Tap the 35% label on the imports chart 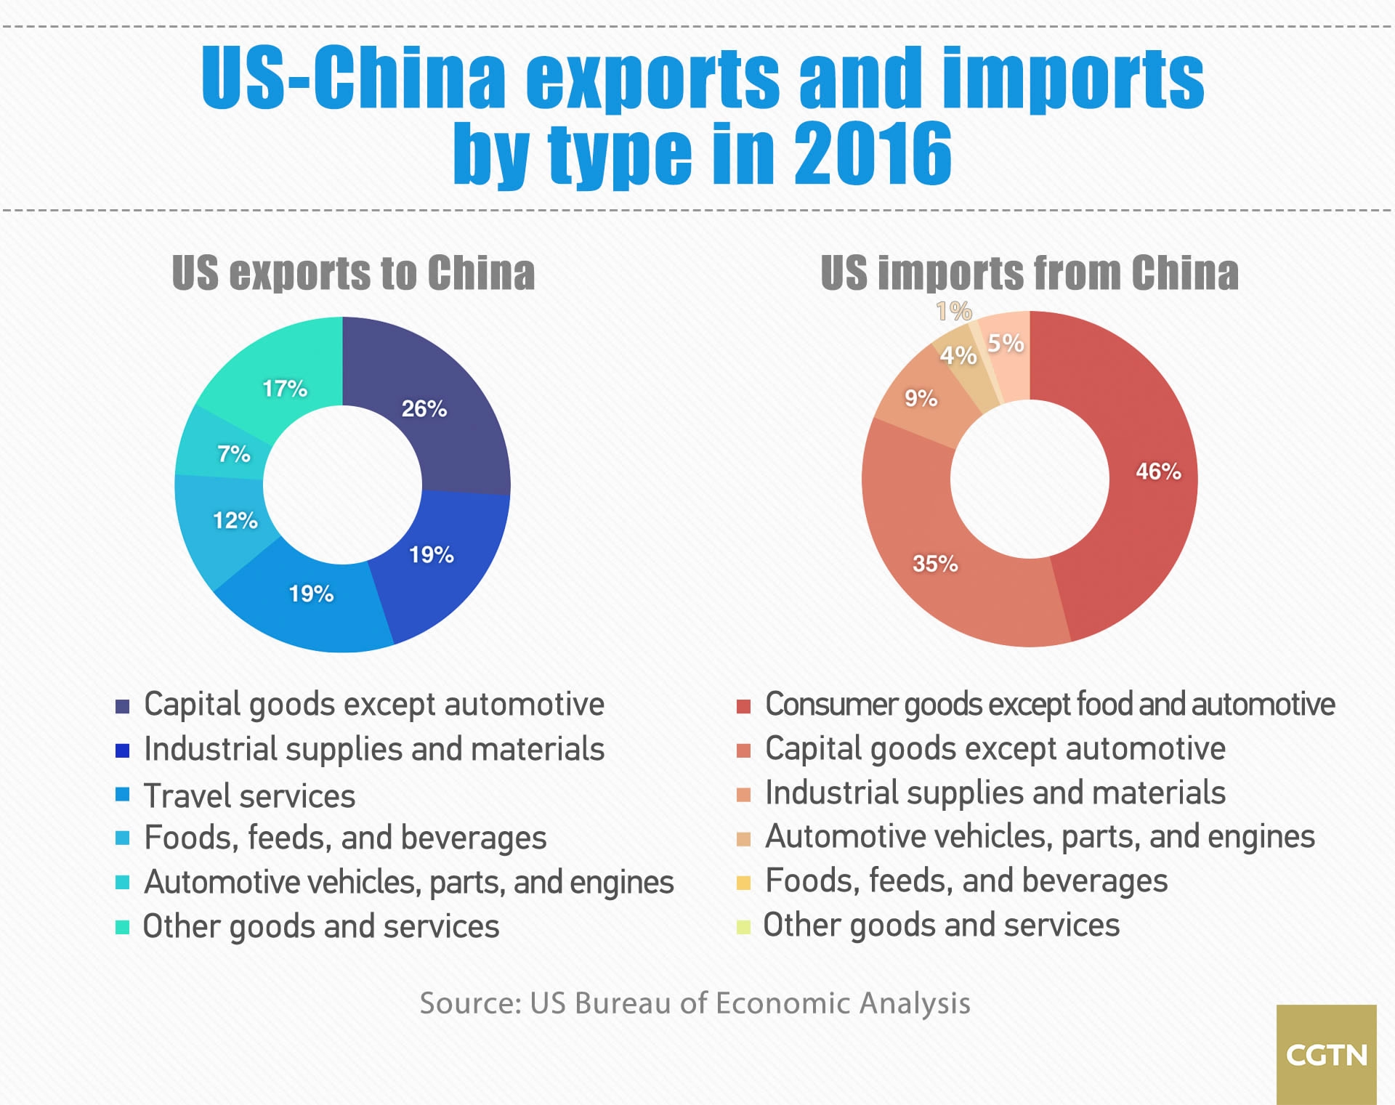pyautogui.click(x=935, y=564)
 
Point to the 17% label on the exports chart pyautogui.click(x=285, y=389)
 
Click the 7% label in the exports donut pyautogui.click(x=234, y=455)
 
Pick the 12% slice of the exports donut pyautogui.click(x=225, y=519)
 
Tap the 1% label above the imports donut pyautogui.click(x=954, y=312)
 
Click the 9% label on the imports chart pyautogui.click(x=921, y=398)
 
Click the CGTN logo pyautogui.click(x=1326, y=1054)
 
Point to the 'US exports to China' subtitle pyautogui.click(x=353, y=274)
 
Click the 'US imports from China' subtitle pyautogui.click(x=1029, y=274)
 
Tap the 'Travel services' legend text pyautogui.click(x=249, y=796)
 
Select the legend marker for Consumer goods pyautogui.click(x=743, y=707)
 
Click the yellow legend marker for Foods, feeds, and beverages pyautogui.click(x=743, y=883)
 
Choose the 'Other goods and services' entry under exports pyautogui.click(x=320, y=927)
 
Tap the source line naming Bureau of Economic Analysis pyautogui.click(x=695, y=1003)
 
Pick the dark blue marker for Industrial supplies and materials pyautogui.click(x=122, y=751)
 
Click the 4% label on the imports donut pyautogui.click(x=958, y=356)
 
